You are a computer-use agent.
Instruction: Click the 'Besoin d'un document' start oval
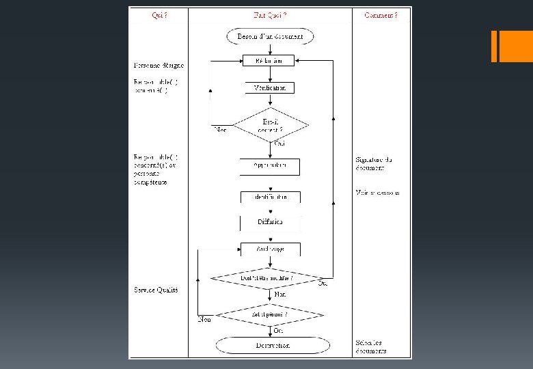click(270, 36)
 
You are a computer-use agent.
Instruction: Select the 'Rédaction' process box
click(269, 60)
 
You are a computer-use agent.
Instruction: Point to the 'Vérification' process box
click(269, 87)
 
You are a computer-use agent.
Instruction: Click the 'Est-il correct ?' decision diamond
click(271, 126)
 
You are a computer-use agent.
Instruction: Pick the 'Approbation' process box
click(269, 166)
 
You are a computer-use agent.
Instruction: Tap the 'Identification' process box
click(270, 197)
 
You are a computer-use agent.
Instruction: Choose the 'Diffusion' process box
click(270, 222)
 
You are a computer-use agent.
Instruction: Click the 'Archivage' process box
click(270, 249)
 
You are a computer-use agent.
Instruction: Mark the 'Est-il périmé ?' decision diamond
click(270, 314)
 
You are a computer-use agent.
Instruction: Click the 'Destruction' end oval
click(272, 345)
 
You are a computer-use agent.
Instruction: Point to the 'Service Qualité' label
click(156, 290)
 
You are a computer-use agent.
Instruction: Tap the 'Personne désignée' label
click(159, 66)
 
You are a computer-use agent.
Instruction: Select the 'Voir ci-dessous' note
click(377, 193)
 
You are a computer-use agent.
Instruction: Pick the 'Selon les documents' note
click(371, 346)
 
